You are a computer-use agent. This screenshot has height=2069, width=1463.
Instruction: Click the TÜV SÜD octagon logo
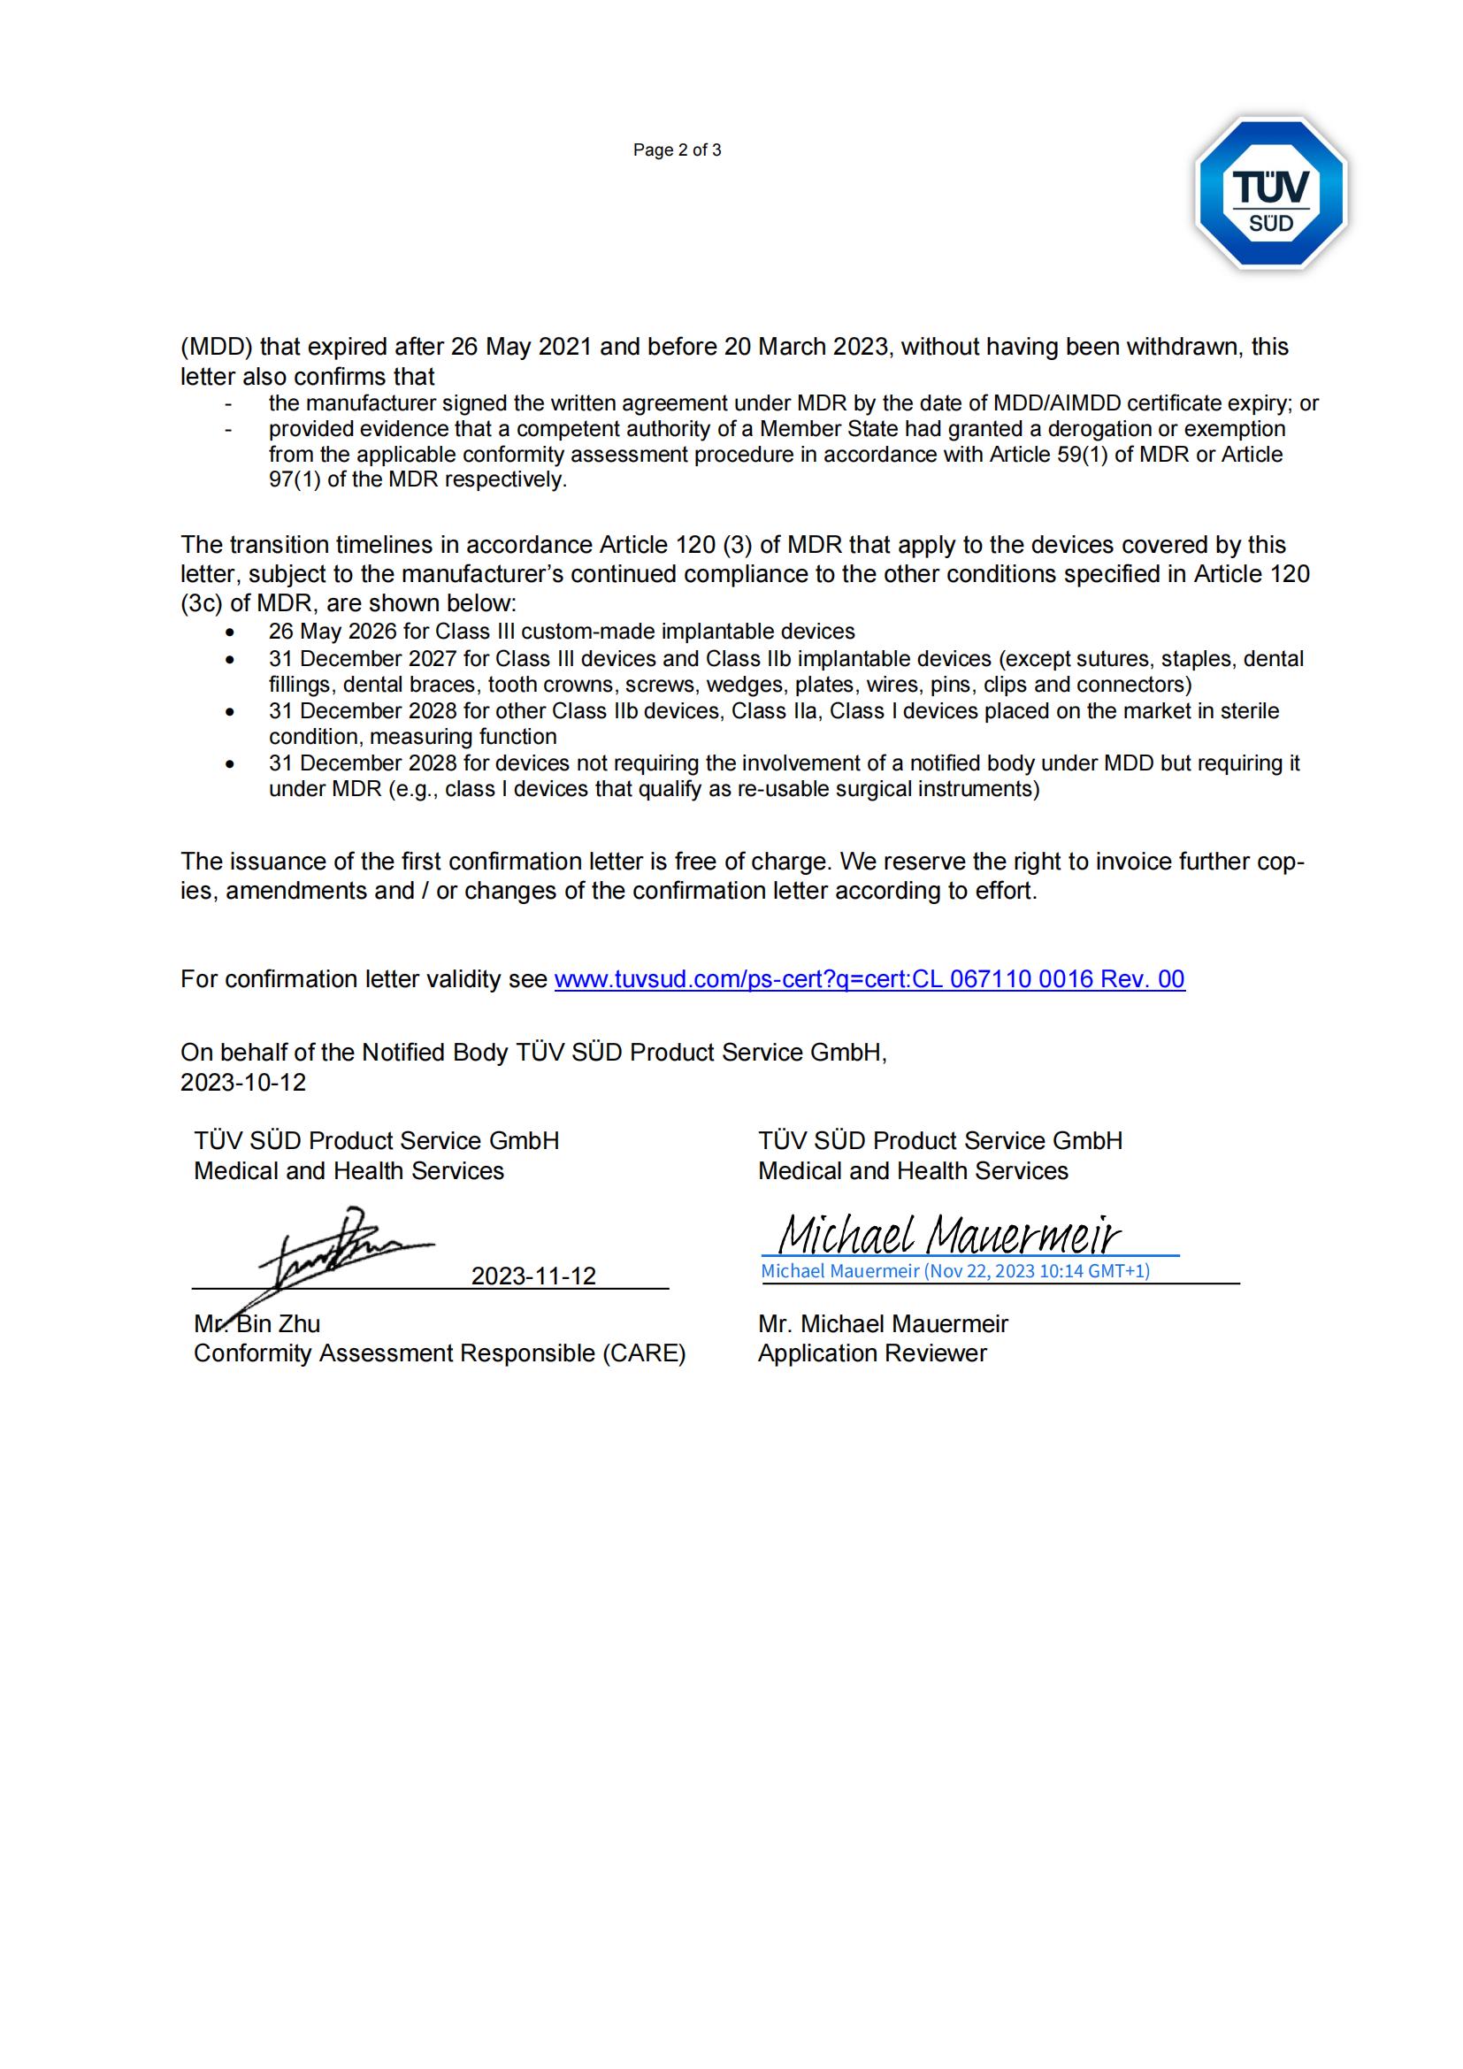coord(1270,194)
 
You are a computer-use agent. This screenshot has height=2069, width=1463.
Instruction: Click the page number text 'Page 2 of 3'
coord(677,150)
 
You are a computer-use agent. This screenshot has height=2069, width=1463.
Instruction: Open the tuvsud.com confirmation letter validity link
coord(869,979)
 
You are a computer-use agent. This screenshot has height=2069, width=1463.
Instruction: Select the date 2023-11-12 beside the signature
coord(533,1276)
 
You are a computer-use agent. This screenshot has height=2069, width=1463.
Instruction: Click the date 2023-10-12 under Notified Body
coord(243,1082)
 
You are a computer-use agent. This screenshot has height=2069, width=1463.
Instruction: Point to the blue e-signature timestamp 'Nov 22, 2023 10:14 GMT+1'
coord(1036,1270)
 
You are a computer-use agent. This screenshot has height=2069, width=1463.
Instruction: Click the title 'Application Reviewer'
coord(872,1353)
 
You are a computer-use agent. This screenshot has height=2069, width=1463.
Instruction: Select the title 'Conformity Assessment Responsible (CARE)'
coord(440,1353)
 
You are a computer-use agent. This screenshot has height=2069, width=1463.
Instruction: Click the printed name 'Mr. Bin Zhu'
coord(257,1324)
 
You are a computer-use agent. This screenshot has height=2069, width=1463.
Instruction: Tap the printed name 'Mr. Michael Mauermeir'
coord(883,1324)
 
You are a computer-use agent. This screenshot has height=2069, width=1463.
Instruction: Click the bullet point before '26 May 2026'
coord(231,632)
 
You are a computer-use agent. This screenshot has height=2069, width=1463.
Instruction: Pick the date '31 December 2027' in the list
coord(362,659)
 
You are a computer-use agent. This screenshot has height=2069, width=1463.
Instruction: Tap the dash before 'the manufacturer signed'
coord(229,403)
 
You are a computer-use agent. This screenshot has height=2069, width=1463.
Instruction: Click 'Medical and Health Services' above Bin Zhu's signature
coord(349,1171)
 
